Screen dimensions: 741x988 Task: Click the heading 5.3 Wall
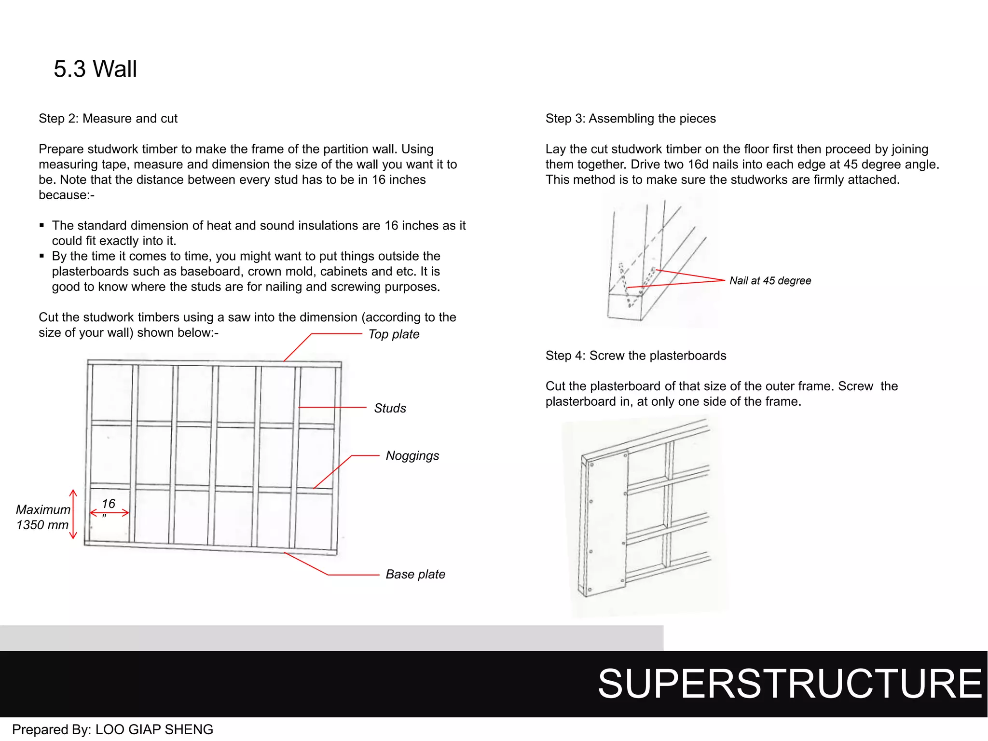pyautogui.click(x=95, y=69)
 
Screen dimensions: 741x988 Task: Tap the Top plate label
pyautogui.click(x=394, y=334)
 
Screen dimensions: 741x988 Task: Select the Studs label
pyautogui.click(x=390, y=408)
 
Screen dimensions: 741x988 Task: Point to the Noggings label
pyautogui.click(x=412, y=455)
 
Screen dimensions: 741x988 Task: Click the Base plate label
pyautogui.click(x=415, y=574)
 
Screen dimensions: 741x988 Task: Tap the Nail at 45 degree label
pyautogui.click(x=769, y=281)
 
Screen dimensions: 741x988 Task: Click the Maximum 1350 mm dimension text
pyautogui.click(x=42, y=517)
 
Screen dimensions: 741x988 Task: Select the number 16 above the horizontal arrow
pyautogui.click(x=109, y=504)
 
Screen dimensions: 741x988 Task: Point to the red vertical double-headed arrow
pyautogui.click(x=73, y=514)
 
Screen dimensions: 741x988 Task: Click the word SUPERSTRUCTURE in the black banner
pyautogui.click(x=789, y=684)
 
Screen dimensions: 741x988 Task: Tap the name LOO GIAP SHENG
pyautogui.click(x=154, y=729)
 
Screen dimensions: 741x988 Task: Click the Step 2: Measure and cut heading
pyautogui.click(x=108, y=119)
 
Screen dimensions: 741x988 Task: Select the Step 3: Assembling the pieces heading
pyautogui.click(x=630, y=119)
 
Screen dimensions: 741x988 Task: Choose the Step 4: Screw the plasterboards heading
pyautogui.click(x=635, y=356)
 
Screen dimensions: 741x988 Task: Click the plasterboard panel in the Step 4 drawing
pyautogui.click(x=607, y=523)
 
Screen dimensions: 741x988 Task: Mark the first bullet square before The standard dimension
pyautogui.click(x=42, y=225)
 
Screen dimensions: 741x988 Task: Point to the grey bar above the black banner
pyautogui.click(x=331, y=638)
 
